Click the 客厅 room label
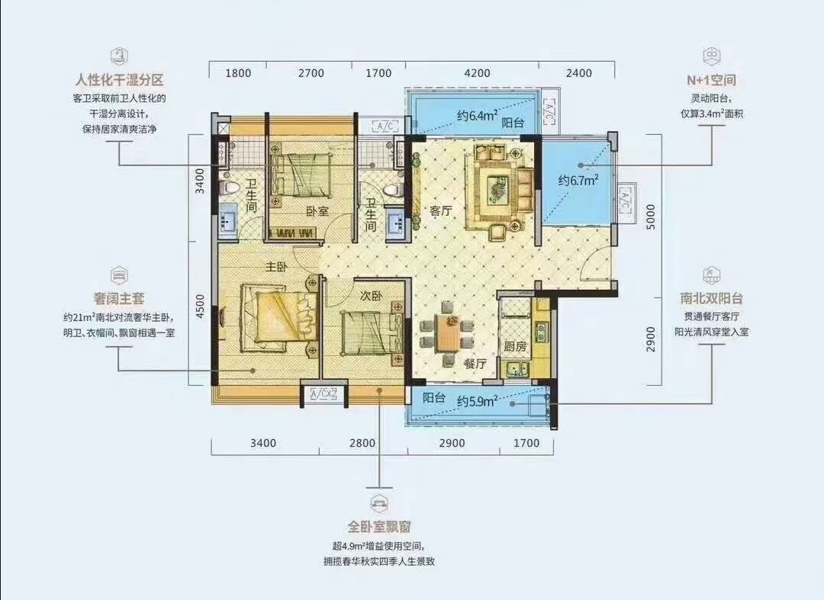point(441,211)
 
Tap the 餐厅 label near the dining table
point(475,363)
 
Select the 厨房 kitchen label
point(515,347)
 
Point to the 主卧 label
point(276,267)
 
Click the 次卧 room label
point(371,296)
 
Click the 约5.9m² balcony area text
point(477,402)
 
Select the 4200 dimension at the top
point(477,73)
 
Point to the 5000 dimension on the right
point(651,217)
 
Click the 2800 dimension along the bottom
point(362,443)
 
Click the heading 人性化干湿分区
point(120,80)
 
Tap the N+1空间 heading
point(712,80)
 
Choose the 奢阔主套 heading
point(119,299)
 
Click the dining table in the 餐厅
point(449,335)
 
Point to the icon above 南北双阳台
point(711,275)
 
